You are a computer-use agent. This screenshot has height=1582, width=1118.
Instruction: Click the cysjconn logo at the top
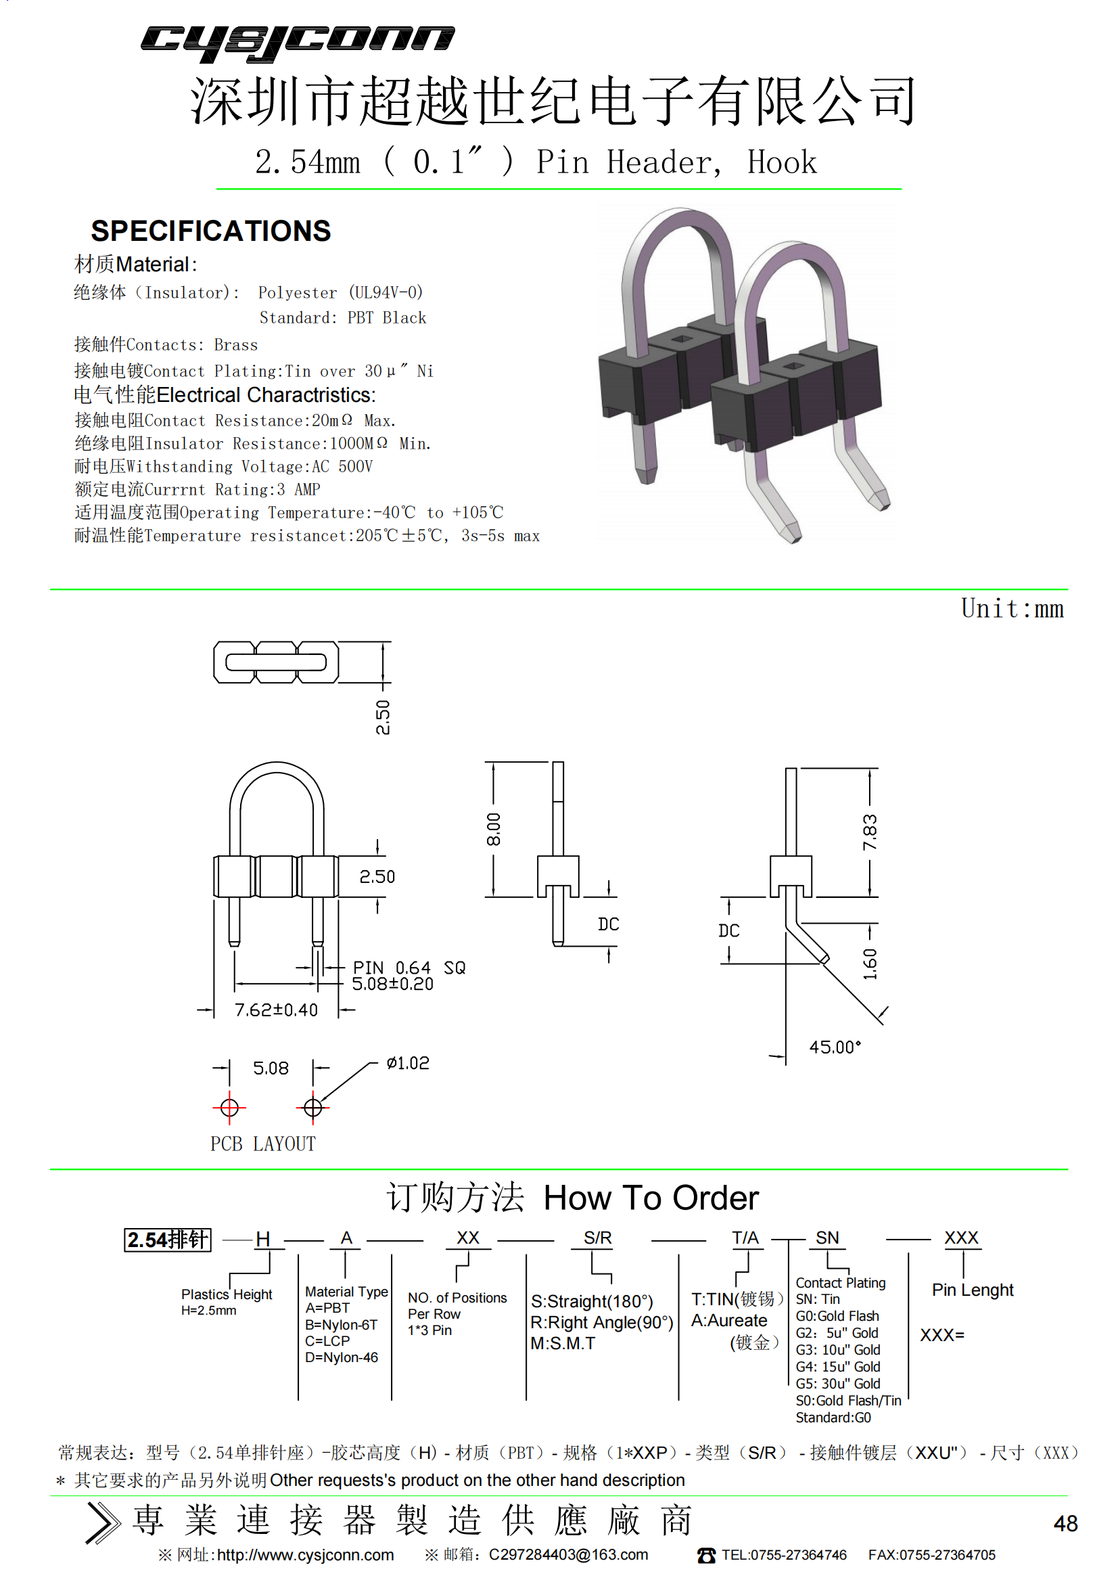point(298,43)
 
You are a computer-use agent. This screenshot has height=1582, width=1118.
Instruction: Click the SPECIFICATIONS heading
point(211,231)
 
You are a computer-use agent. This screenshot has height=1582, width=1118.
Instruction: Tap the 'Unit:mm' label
point(1012,609)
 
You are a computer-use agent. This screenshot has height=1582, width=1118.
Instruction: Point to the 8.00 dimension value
point(493,829)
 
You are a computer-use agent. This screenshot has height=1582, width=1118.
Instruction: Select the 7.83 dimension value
point(869,832)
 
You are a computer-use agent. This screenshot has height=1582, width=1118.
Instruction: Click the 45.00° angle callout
point(835,1047)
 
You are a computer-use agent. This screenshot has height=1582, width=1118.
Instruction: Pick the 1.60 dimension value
point(870,964)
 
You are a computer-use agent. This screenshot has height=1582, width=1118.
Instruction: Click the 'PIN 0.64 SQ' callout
point(409,968)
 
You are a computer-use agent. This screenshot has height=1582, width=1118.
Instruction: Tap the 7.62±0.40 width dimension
point(276,1010)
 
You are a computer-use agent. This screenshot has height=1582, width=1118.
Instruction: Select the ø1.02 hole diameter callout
point(408,1063)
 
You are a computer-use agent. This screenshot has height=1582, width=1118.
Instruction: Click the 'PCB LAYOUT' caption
point(263,1144)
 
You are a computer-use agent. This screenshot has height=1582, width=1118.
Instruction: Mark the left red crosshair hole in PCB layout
point(229,1107)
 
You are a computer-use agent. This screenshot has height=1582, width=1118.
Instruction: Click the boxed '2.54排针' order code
point(167,1240)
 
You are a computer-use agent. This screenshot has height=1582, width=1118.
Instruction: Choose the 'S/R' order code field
point(597,1238)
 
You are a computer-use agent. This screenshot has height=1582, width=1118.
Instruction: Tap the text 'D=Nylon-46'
point(342,1357)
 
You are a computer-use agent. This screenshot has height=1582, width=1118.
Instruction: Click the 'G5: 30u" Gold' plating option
point(837,1384)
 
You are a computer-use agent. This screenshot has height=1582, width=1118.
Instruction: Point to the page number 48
point(1065,1523)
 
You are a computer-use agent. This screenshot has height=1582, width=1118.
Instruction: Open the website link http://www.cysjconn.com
point(305,1555)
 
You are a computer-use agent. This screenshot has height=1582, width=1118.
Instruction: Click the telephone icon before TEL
point(706,1555)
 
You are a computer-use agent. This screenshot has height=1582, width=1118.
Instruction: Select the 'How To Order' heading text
point(651,1198)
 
